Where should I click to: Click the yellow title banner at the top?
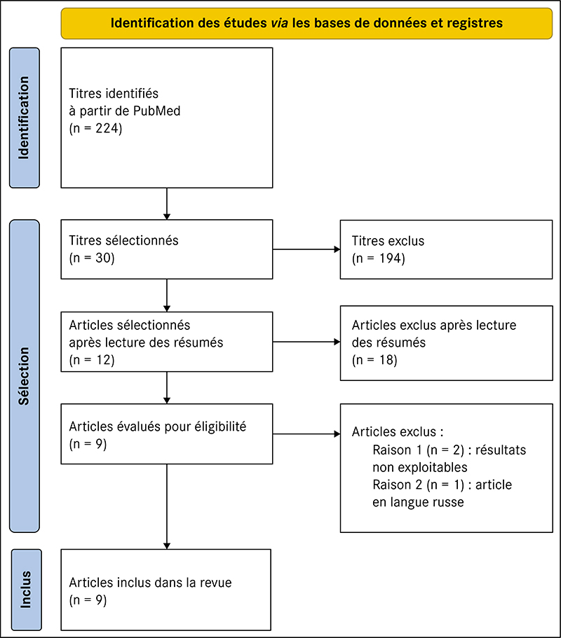click(306, 23)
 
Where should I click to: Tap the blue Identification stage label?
click(25, 118)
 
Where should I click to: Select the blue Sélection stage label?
click(25, 376)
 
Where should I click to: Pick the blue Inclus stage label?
click(26, 590)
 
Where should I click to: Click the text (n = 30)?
click(92, 258)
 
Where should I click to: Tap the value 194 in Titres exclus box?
click(391, 258)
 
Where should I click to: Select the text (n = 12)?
click(92, 360)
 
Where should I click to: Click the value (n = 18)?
click(374, 360)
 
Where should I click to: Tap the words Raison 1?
click(397, 450)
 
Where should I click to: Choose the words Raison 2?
click(397, 485)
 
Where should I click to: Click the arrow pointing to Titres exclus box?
click(306, 249)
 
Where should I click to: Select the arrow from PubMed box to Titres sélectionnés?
click(167, 204)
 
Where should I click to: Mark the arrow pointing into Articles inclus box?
click(167, 506)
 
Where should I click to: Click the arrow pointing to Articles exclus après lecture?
click(306, 342)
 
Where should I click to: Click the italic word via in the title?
click(280, 23)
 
